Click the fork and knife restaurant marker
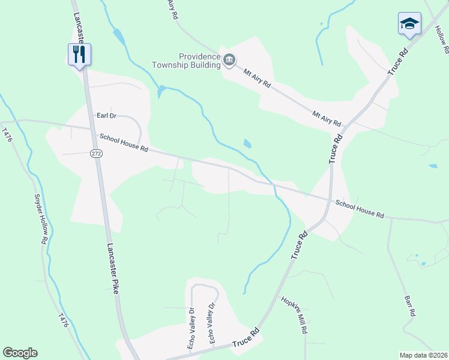point(79,55)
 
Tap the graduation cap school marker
point(409,24)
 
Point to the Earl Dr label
point(106,116)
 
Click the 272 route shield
point(96,154)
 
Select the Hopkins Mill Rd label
point(294,316)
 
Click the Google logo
point(20,353)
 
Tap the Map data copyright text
point(423,355)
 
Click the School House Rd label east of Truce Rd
point(359,208)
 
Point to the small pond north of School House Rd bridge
point(247,143)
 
